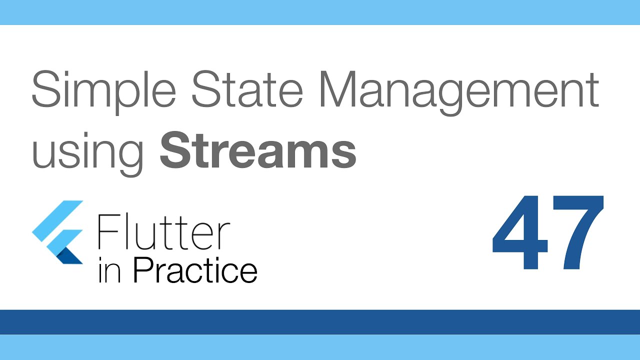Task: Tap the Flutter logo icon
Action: pyautogui.click(x=58, y=232)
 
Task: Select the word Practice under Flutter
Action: pyautogui.click(x=195, y=270)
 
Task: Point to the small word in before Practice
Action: pyautogui.click(x=109, y=271)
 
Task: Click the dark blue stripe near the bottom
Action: pyautogui.click(x=320, y=321)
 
